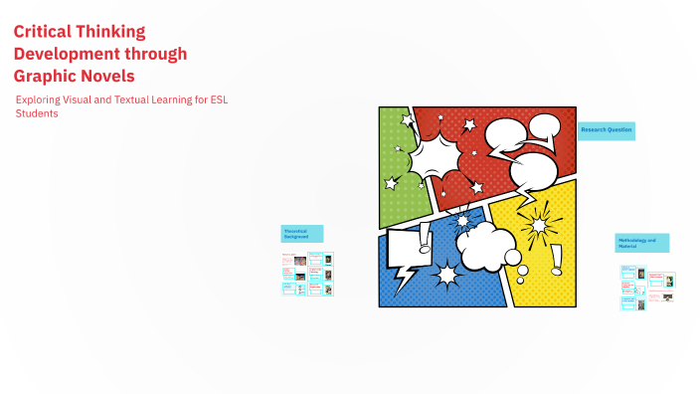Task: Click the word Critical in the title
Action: click(45, 32)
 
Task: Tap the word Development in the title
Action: click(67, 54)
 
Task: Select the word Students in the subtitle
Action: click(38, 113)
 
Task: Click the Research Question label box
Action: click(606, 130)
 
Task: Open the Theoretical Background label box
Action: click(301, 234)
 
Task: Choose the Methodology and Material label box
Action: click(641, 243)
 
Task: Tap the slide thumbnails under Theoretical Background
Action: click(307, 274)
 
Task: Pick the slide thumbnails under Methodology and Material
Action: click(647, 288)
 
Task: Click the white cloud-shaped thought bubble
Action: click(485, 243)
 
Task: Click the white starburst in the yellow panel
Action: click(539, 224)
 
